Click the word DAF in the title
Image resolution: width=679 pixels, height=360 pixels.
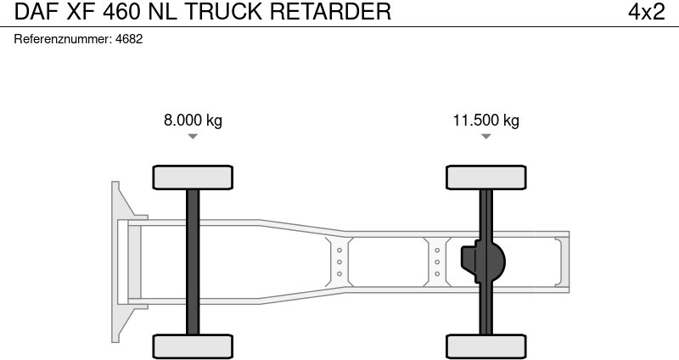(x=32, y=12)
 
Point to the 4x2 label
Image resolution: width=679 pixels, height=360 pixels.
(x=646, y=12)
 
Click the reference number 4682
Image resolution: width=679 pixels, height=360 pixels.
(x=128, y=39)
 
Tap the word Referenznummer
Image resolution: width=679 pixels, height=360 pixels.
(x=63, y=39)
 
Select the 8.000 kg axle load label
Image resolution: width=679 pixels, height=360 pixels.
(x=193, y=120)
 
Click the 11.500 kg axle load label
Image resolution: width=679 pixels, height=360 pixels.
(x=485, y=120)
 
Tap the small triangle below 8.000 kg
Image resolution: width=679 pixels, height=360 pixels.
(x=193, y=136)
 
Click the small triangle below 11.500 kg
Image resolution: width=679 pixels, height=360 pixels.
(x=485, y=136)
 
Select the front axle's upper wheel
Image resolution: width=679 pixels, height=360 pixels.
(x=193, y=177)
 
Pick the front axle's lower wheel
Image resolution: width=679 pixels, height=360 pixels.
(x=193, y=346)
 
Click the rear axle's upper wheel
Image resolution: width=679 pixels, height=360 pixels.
(x=485, y=177)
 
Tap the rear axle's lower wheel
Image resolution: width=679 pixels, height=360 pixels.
(x=485, y=346)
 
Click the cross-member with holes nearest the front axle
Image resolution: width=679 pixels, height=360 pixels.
(x=339, y=262)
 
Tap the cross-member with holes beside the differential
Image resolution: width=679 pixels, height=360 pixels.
(x=437, y=262)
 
